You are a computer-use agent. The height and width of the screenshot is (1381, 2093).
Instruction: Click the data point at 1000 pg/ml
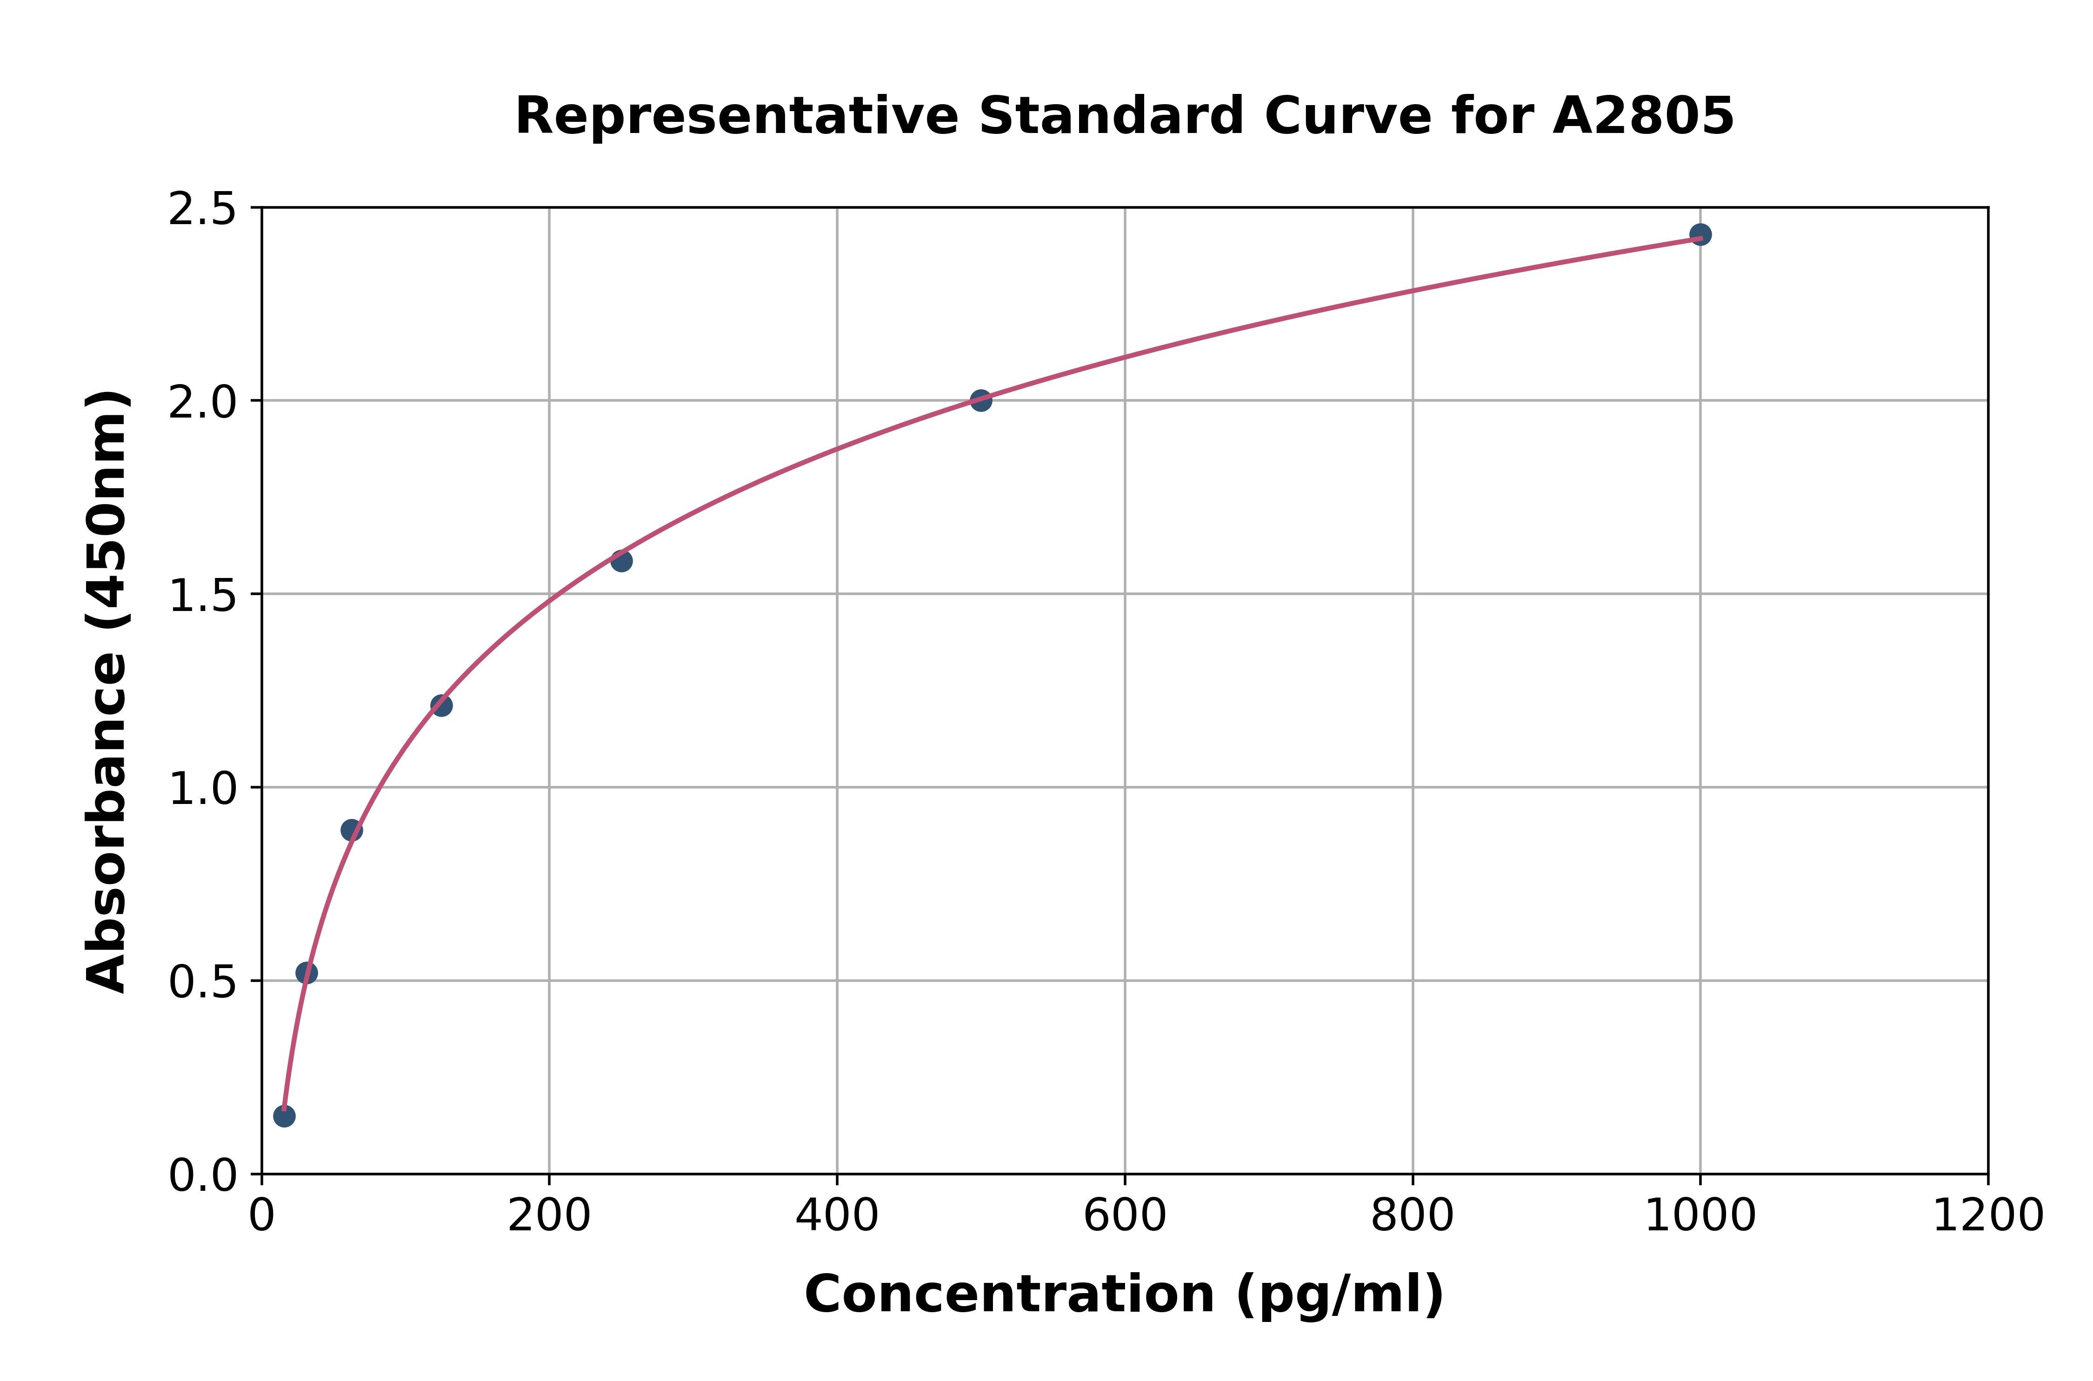coord(1700,234)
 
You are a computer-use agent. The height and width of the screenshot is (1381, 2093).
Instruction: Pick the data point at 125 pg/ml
coord(441,705)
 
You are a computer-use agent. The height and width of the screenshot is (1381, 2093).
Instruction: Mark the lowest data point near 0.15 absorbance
coord(284,1116)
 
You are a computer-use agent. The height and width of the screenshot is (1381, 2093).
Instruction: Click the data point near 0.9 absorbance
coord(352,830)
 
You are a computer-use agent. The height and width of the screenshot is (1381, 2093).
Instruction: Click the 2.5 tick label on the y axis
coord(203,210)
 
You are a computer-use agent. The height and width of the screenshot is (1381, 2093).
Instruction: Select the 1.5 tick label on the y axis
coord(203,595)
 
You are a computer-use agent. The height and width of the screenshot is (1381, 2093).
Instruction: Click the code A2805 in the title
coord(1643,116)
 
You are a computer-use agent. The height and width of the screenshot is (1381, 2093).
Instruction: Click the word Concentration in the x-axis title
coord(1009,1295)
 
